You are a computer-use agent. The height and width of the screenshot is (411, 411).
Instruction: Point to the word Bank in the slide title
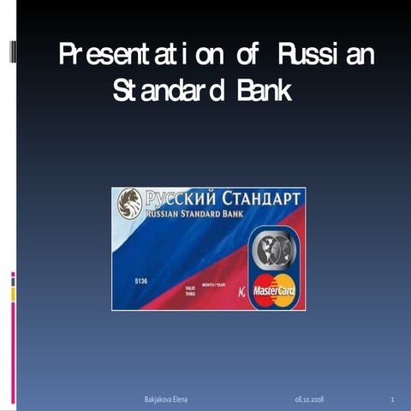(265, 91)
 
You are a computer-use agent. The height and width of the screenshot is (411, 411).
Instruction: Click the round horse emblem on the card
(130, 204)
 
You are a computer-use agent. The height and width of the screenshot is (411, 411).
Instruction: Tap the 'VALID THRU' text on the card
(190, 291)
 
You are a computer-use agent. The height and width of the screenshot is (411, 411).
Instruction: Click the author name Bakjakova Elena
(165, 400)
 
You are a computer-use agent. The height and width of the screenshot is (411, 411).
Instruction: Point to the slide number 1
(390, 400)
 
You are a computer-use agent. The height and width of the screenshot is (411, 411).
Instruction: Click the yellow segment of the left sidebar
(13, 294)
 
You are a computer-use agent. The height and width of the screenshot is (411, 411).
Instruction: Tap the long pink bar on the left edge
(13, 351)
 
